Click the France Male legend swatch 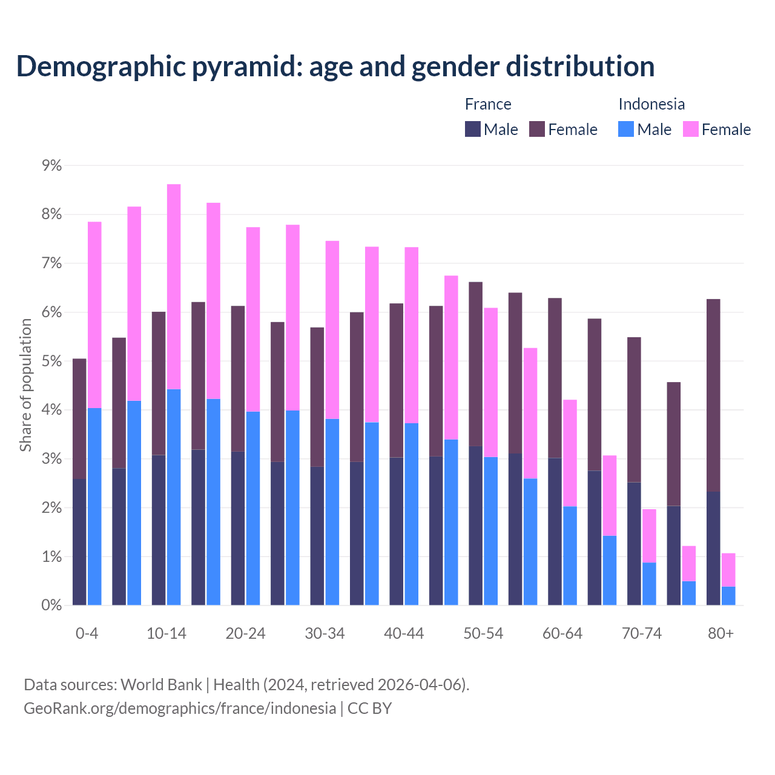pos(473,129)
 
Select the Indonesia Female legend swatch pos(691,129)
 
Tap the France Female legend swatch pos(537,129)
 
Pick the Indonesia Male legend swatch pos(626,129)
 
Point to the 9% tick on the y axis pos(51,165)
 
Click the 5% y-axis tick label pos(51,361)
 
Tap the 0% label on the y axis pos(51,605)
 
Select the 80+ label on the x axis pos(721,634)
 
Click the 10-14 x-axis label pos(167,634)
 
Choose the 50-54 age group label pos(483,634)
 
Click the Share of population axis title pos(25,385)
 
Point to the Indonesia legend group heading pos(651,104)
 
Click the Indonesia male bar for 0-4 pos(94,506)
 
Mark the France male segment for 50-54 pos(476,526)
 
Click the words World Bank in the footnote pos(161,685)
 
